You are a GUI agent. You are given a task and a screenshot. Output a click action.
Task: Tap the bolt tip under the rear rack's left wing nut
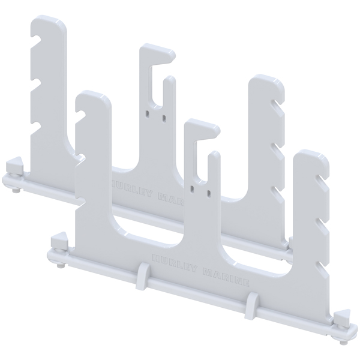(x=14, y=191)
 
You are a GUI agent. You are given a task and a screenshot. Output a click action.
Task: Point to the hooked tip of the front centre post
(x=211, y=128)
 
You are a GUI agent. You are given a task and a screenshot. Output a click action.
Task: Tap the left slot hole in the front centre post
(x=191, y=188)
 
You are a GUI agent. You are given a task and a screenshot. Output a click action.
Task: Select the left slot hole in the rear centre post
(x=146, y=111)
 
